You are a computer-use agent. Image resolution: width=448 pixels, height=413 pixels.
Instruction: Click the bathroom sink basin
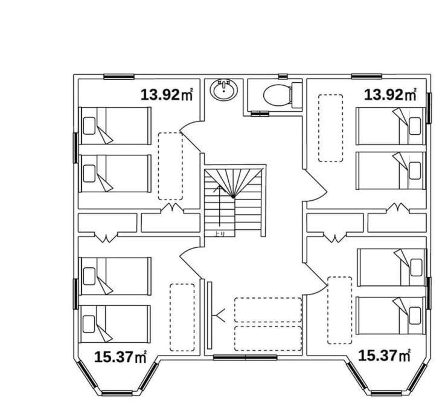224,90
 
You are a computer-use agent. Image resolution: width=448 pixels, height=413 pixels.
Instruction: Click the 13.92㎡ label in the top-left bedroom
167,95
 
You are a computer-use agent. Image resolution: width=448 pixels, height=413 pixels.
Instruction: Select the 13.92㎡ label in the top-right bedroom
390,95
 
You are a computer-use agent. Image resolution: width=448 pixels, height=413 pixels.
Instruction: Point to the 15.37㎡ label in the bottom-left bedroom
120,357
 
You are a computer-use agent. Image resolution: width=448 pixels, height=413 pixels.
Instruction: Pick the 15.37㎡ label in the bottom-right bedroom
384,356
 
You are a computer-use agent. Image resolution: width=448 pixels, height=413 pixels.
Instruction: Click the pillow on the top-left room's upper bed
89,126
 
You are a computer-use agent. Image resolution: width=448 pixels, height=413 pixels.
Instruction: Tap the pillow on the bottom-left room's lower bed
89,324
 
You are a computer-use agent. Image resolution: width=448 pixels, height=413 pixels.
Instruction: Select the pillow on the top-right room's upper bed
415,126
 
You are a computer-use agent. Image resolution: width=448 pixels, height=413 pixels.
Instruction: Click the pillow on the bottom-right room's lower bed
415,316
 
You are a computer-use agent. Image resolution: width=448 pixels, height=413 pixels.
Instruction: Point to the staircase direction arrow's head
219,187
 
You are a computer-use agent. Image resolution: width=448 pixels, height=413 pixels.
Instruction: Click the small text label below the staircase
220,233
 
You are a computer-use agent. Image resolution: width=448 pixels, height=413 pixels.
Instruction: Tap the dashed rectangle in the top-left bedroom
171,166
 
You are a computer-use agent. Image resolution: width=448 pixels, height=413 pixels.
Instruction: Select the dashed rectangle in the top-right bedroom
331,128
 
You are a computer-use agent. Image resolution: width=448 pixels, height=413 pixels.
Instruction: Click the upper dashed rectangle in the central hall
268,310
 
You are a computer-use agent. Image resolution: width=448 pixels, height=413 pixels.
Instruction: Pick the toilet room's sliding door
260,114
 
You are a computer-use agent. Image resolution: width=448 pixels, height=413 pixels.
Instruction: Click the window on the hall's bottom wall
245,357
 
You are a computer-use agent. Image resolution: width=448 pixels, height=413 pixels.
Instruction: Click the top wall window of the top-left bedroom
119,77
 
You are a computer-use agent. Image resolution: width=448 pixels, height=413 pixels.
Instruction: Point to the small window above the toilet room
283,76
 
